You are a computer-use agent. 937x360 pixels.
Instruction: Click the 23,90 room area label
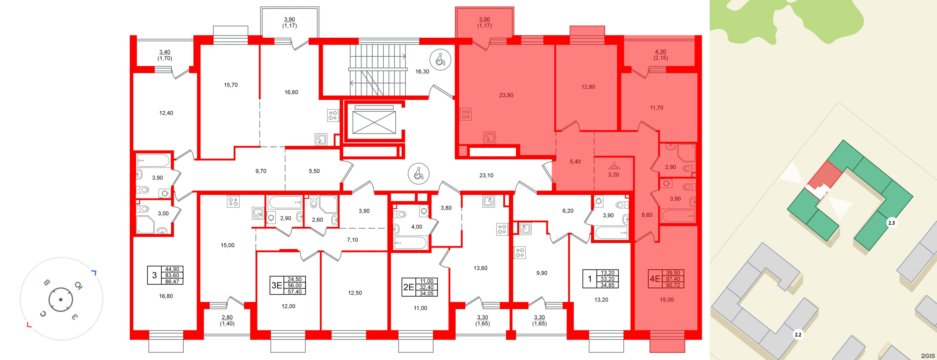coord(506,95)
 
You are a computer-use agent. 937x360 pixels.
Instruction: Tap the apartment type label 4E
coord(655,279)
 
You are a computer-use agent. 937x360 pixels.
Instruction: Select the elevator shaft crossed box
coord(374,122)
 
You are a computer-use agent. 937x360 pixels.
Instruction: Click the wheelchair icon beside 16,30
coord(440,59)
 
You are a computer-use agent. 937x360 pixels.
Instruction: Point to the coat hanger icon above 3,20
coord(614,166)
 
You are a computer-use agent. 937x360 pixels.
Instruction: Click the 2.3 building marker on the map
coord(891,223)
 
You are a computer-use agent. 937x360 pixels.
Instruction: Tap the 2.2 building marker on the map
coord(798,335)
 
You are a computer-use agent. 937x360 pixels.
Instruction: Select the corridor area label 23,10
coord(486,176)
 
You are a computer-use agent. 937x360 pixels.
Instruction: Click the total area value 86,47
coord(172,282)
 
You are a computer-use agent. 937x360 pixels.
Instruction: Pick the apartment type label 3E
coord(276,285)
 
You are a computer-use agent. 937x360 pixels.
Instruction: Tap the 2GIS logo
coord(927,356)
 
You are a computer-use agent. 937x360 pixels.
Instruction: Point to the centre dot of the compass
coord(61,300)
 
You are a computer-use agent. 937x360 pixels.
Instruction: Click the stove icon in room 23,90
coord(466,114)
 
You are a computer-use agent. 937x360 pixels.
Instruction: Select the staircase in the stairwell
coord(377,70)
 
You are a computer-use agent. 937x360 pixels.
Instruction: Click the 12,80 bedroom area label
coord(588,87)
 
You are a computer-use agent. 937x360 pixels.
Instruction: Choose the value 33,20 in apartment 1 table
coord(607,279)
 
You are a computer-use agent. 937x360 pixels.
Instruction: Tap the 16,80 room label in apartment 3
coord(166,296)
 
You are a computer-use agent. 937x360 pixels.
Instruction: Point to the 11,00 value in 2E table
coord(427,281)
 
